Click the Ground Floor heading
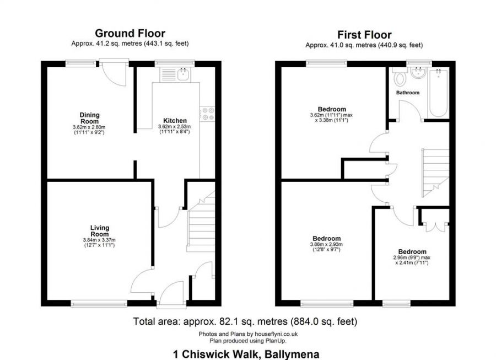pos(130,34)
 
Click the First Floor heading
pos(364,35)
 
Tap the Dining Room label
pos(89,118)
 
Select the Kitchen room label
pos(175,120)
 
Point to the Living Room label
pos(100,230)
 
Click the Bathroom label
pos(408,93)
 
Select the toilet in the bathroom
pos(399,78)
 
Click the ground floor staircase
pos(201,223)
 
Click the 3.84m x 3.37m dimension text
pos(100,240)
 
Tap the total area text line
pos(245,321)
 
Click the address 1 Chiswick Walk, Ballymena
pos(245,354)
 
